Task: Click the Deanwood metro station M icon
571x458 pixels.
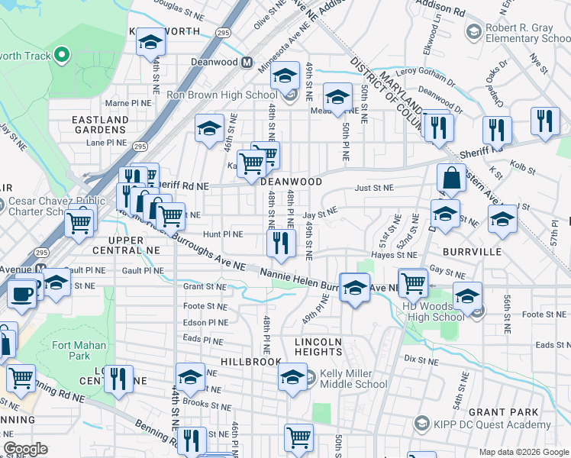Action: tap(247, 63)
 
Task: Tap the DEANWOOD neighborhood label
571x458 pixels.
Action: tap(291, 182)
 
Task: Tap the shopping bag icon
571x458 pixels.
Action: tap(451, 178)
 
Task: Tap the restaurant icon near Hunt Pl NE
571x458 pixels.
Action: tap(280, 244)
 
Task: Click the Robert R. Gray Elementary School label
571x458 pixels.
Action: tap(519, 33)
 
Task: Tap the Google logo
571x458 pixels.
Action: tap(25, 449)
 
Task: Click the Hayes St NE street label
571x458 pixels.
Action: tap(393, 255)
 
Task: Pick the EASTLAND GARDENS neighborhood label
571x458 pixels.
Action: tap(100, 125)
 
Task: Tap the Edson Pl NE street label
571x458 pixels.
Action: tap(206, 322)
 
